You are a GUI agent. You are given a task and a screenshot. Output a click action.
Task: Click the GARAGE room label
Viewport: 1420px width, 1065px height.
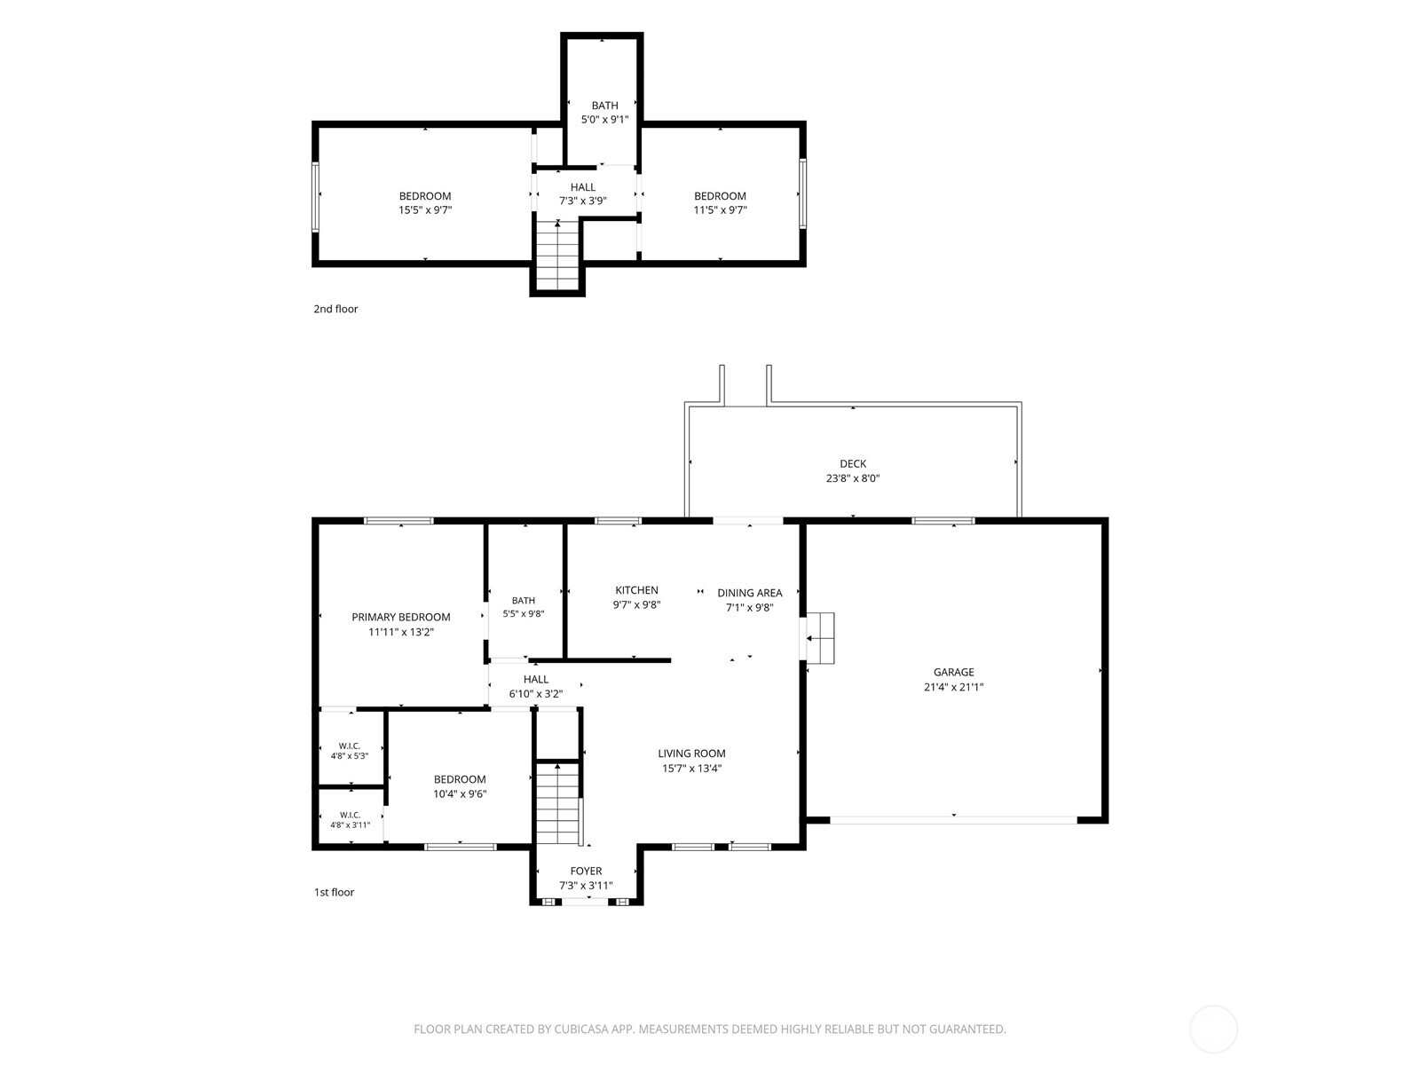[x=953, y=672]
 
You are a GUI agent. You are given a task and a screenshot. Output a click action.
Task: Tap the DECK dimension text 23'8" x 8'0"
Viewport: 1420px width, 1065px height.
[x=853, y=478]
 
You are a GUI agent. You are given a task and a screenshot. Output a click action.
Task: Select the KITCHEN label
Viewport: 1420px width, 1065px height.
[x=636, y=589]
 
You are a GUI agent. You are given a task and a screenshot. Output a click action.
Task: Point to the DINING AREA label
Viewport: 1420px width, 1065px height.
[x=749, y=592]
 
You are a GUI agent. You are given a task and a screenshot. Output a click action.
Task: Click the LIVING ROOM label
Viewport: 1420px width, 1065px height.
[x=691, y=753]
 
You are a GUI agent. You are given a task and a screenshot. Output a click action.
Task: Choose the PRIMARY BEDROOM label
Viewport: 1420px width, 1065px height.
[x=401, y=617]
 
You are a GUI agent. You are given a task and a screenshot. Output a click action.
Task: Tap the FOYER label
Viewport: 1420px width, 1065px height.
[x=586, y=871]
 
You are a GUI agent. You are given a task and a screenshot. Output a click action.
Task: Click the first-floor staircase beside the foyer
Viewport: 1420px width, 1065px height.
[x=557, y=804]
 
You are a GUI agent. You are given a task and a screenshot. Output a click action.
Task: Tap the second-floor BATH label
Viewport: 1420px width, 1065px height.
[x=605, y=106]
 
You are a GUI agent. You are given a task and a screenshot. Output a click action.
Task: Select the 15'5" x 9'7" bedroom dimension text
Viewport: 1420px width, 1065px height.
[x=425, y=209]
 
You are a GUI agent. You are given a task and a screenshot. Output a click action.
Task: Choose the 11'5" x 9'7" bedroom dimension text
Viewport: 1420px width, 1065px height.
[x=720, y=209]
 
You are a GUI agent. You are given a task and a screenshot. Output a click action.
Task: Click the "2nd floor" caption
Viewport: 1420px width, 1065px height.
[x=335, y=309]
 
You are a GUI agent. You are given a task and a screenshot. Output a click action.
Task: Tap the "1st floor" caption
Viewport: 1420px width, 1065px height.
[x=334, y=892]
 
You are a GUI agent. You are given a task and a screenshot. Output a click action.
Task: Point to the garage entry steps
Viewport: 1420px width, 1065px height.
[x=820, y=638]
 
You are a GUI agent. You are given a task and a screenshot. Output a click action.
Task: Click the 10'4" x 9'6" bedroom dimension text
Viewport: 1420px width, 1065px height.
[x=460, y=794]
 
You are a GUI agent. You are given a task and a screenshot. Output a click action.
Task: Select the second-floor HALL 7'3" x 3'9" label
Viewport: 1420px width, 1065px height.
[x=583, y=194]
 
